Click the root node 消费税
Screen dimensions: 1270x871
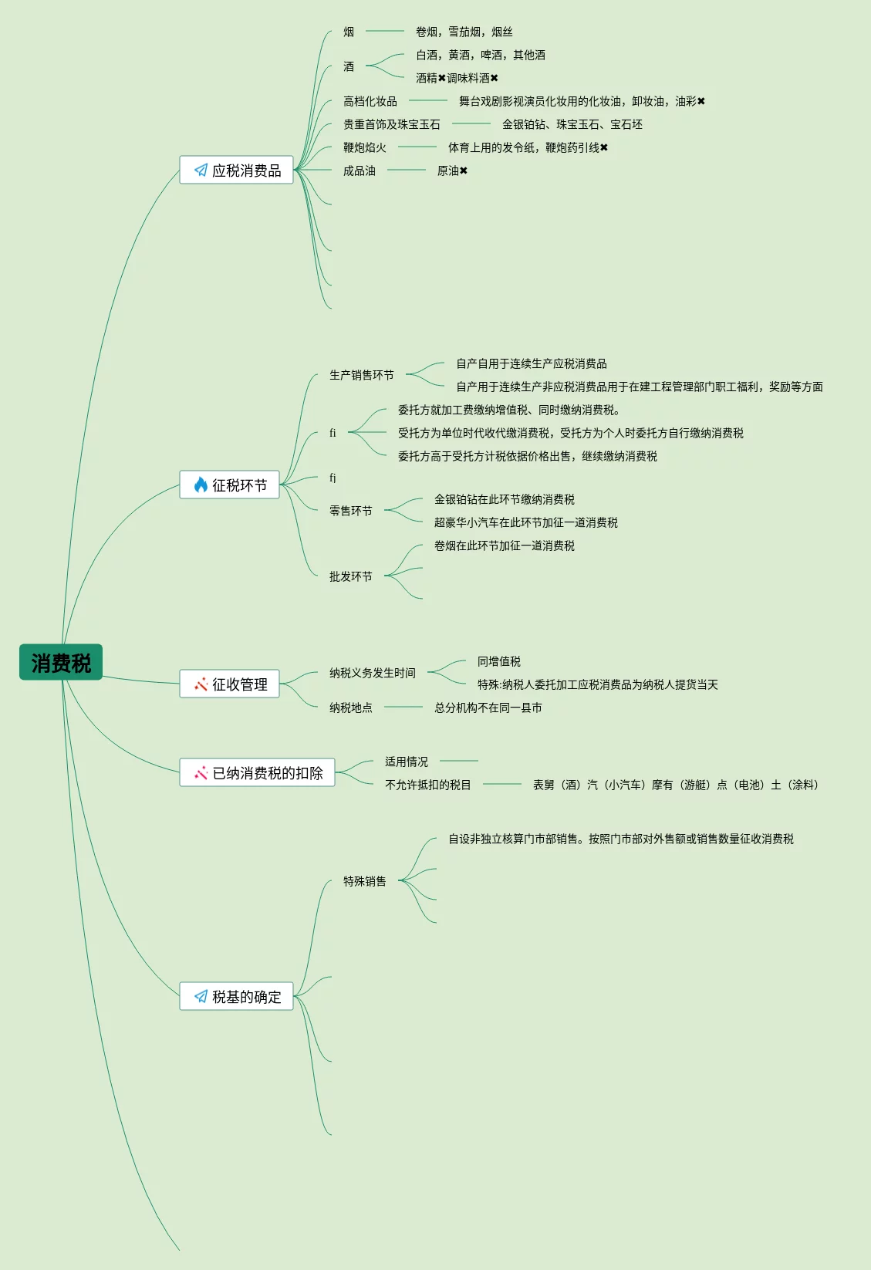tap(61, 662)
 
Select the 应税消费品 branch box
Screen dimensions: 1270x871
tap(237, 170)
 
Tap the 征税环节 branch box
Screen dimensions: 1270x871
tap(230, 485)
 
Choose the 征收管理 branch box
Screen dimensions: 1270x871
tap(230, 684)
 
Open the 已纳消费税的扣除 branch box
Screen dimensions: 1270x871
tap(258, 772)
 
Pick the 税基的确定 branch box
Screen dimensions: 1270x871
tap(237, 996)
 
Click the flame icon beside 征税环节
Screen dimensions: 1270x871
tap(201, 485)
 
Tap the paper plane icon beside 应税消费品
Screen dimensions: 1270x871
tap(201, 170)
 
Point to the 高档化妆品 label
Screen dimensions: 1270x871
tap(370, 101)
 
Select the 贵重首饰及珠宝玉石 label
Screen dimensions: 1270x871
tap(392, 124)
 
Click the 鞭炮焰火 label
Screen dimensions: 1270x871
tap(365, 147)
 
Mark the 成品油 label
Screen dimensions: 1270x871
tap(360, 171)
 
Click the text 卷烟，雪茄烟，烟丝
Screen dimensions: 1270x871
tap(464, 32)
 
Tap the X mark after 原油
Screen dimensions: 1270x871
tap(464, 171)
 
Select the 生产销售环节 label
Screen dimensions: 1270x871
tap(362, 375)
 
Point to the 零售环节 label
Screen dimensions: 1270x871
tap(351, 511)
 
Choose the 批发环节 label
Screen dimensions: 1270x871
tap(351, 576)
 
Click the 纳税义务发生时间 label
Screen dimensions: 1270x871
tap(373, 673)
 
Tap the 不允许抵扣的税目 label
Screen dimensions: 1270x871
tap(428, 785)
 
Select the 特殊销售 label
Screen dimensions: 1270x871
tap(365, 881)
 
